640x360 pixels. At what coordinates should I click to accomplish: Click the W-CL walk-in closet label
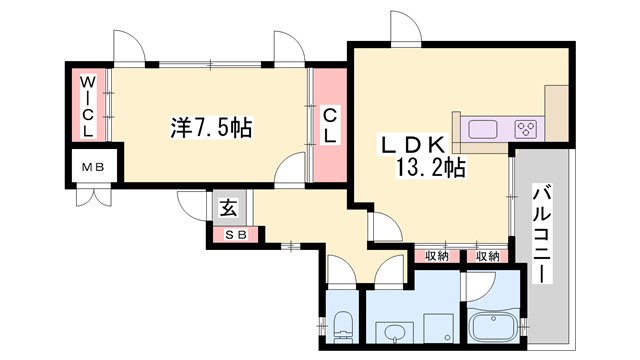88,105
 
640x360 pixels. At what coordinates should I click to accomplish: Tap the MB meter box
93,167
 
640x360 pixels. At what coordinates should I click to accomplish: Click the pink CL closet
328,125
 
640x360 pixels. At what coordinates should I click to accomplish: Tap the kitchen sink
481,129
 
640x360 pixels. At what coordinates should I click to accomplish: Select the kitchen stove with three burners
526,129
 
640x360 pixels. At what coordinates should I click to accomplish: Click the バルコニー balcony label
544,233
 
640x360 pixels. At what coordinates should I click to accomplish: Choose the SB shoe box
235,235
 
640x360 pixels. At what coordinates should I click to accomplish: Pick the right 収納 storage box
487,256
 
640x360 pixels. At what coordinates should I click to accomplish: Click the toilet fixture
342,323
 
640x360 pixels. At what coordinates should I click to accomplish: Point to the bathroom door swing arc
478,285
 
